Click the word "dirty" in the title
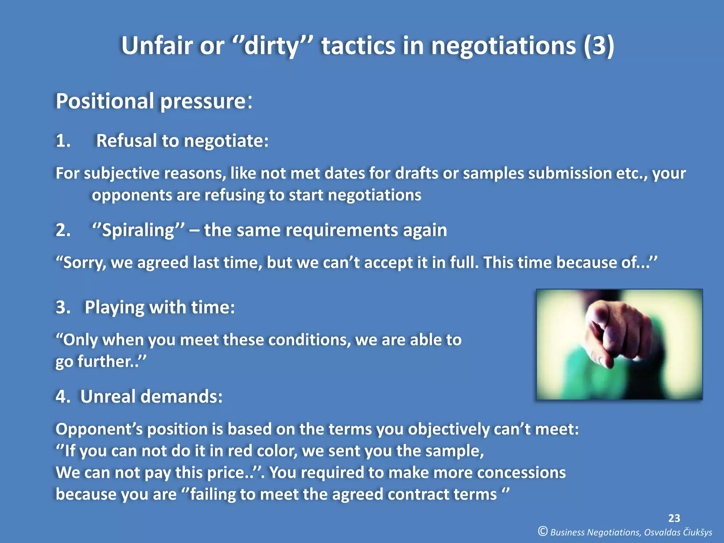(x=271, y=46)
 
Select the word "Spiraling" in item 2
(x=138, y=230)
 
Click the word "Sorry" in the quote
(x=84, y=263)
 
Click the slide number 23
(x=674, y=518)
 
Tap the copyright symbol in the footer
(x=543, y=531)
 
